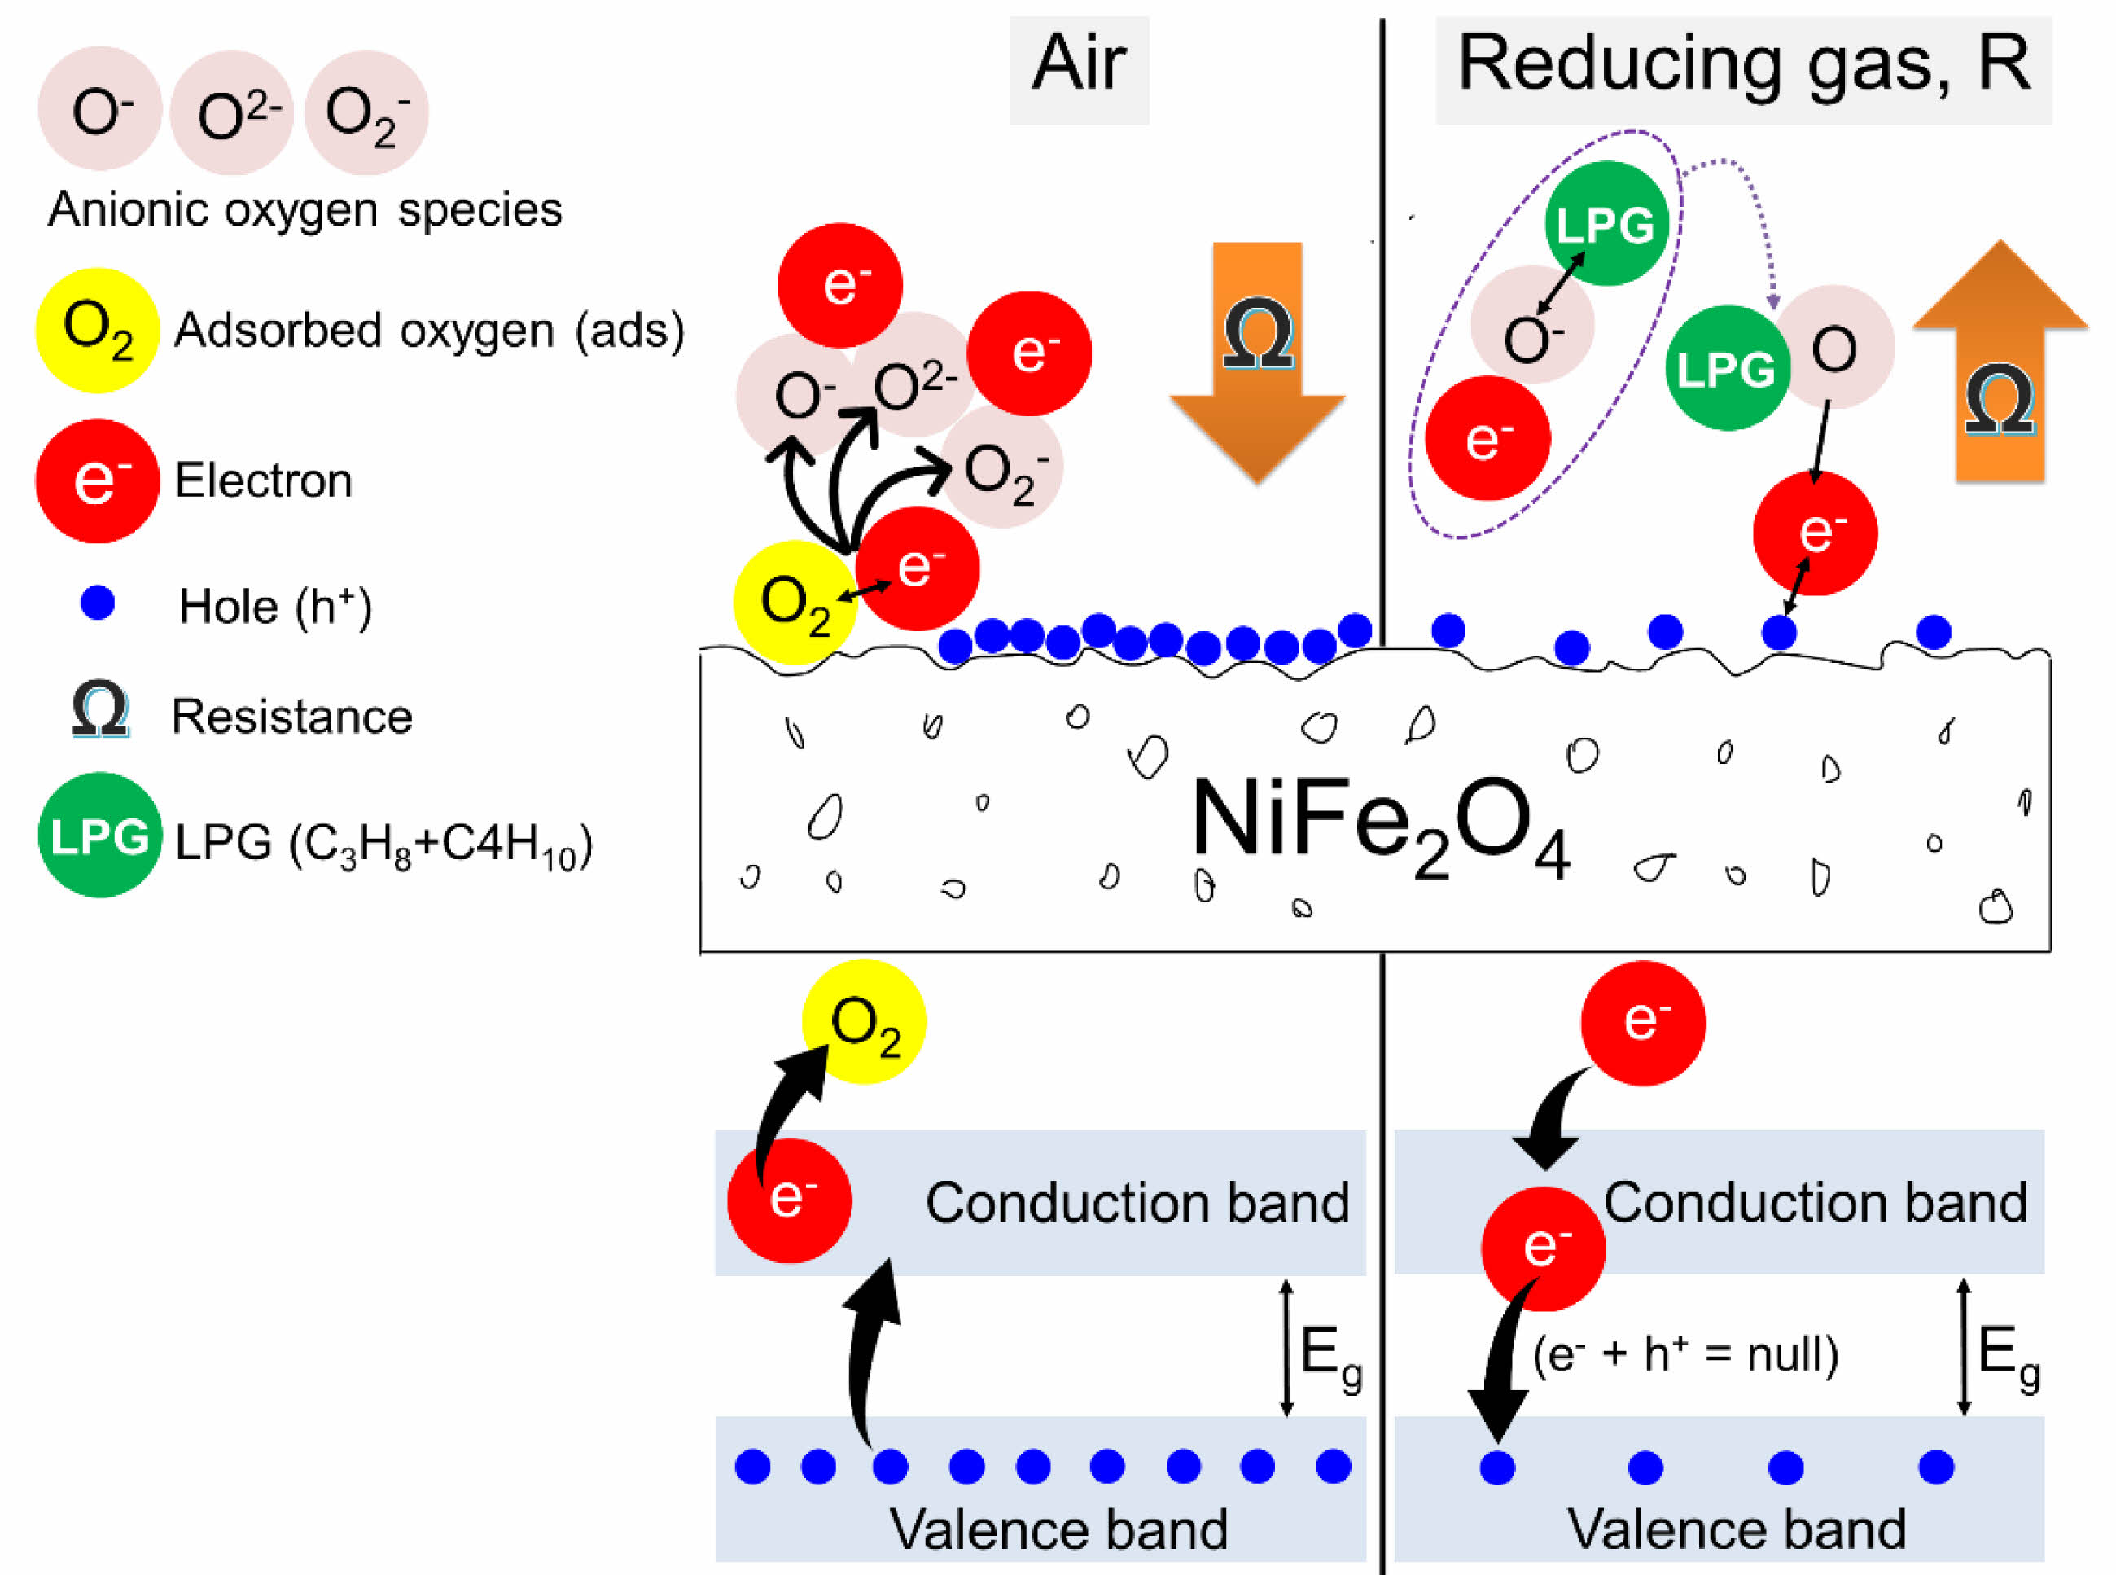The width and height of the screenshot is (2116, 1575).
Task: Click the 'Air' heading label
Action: point(1078,65)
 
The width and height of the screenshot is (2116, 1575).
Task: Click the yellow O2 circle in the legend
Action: point(96,331)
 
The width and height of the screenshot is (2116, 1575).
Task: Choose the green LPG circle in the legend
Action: point(99,836)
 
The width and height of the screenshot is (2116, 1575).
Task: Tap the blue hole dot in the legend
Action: point(97,603)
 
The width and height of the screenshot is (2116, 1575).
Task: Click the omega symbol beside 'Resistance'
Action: point(100,709)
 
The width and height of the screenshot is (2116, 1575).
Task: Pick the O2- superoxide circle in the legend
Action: point(366,113)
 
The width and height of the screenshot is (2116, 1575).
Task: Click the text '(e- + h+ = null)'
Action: point(1684,1353)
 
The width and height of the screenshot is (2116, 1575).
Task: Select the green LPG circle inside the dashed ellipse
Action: point(1606,224)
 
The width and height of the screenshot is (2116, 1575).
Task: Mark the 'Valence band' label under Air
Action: point(1058,1530)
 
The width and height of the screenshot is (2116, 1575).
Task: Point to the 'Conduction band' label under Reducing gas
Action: point(1815,1203)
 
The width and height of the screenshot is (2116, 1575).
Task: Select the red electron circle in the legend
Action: point(97,481)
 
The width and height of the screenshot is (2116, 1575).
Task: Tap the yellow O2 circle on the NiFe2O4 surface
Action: point(794,603)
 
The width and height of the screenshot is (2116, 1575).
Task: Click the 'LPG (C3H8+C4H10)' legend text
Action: point(383,844)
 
